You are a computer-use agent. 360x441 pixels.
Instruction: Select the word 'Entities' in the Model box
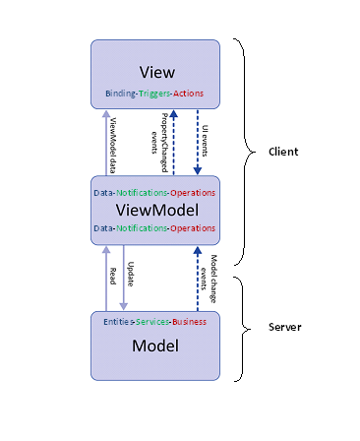119,321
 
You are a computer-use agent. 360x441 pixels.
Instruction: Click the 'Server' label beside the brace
286,326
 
